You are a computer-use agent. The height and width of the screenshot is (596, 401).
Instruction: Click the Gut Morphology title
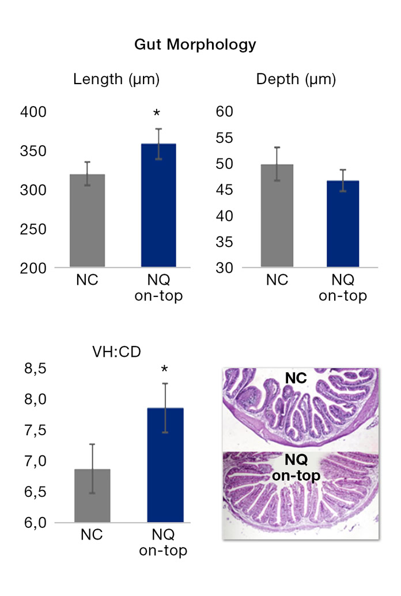pos(195,44)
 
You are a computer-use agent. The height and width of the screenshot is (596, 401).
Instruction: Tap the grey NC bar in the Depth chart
pos(277,216)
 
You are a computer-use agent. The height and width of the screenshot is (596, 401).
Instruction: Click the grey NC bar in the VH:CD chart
pos(92,496)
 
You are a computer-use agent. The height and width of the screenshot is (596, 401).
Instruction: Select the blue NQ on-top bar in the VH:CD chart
pos(165,466)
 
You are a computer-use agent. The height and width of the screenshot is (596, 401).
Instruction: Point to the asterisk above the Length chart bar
pos(156,114)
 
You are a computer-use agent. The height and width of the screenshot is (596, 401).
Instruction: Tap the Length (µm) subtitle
pos(116,79)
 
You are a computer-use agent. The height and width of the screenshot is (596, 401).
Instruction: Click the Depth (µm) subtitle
pos(296,79)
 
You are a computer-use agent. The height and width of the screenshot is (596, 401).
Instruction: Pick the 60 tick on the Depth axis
pos(226,112)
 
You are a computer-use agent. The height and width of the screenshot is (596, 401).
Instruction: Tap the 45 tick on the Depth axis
pos(226,190)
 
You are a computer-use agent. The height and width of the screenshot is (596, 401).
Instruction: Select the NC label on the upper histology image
pos(294,378)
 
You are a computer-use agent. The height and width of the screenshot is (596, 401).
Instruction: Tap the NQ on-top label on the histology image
pos(296,468)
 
